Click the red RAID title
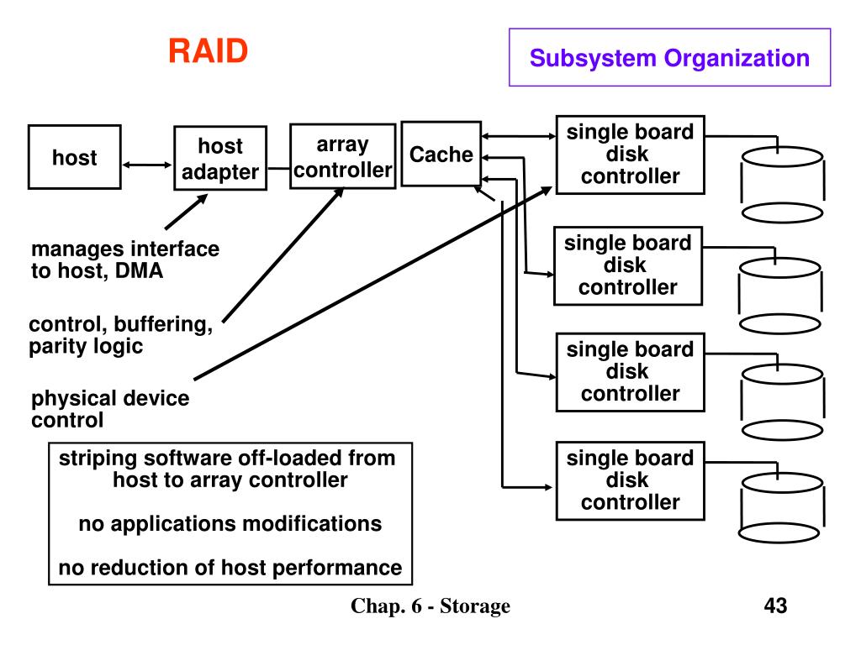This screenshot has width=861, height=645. [208, 51]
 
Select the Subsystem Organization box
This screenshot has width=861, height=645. [669, 58]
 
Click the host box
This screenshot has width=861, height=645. [74, 157]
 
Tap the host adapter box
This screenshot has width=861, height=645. [220, 159]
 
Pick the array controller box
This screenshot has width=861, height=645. [342, 157]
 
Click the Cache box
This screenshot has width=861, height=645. [441, 155]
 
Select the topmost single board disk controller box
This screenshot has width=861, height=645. [630, 155]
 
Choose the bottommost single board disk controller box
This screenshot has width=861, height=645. [630, 480]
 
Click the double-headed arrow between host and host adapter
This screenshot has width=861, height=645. [147, 165]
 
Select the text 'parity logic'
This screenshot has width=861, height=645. [86, 346]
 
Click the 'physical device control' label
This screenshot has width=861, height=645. [110, 409]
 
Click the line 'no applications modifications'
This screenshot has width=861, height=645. [230, 524]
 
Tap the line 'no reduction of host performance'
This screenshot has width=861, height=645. [230, 568]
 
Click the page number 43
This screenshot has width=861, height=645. [775, 606]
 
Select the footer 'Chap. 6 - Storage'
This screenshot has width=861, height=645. [430, 606]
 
